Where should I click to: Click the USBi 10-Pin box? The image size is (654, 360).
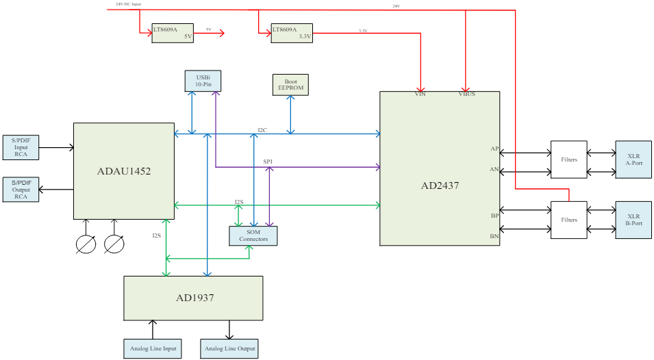(203, 81)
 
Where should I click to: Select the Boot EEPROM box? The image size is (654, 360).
(290, 85)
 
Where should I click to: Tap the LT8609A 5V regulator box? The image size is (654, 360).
(173, 33)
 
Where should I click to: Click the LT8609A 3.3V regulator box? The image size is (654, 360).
(292, 33)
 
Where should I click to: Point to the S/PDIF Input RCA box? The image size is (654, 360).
(21, 147)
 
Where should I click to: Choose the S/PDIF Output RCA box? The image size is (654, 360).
(21, 189)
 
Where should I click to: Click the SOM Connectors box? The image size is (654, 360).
(253, 235)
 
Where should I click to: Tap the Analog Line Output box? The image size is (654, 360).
(229, 348)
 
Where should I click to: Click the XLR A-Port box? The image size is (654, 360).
(633, 159)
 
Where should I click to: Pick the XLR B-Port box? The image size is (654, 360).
(633, 220)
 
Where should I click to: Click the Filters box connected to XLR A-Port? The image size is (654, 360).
(568, 159)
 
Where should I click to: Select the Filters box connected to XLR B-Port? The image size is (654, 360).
(568, 220)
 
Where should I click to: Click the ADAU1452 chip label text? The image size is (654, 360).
(124, 171)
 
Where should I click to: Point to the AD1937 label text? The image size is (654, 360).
(193, 298)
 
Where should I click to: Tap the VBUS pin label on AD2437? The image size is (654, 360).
(466, 94)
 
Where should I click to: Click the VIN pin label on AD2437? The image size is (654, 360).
(420, 94)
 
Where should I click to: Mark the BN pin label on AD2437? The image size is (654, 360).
(494, 236)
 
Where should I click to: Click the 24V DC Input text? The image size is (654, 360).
(128, 4)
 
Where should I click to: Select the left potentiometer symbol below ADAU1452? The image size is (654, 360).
(86, 244)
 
